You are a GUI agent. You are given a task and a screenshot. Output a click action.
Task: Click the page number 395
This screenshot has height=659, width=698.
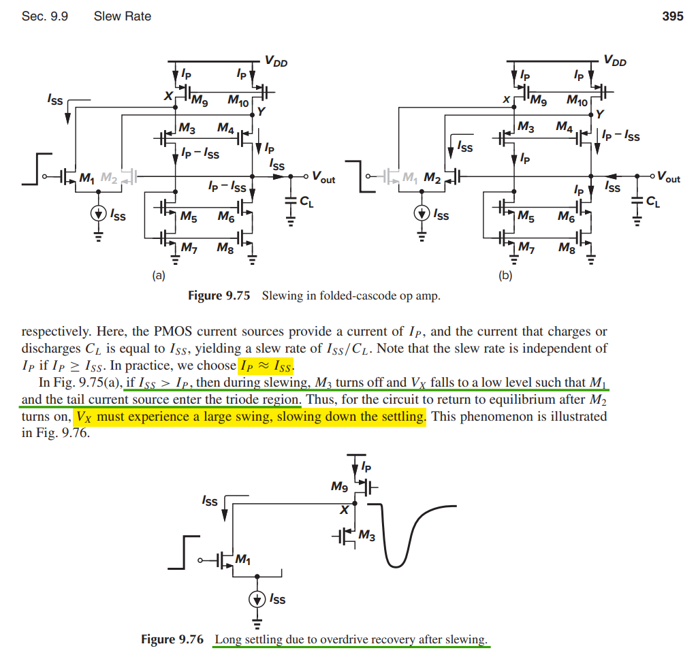pyautogui.click(x=672, y=16)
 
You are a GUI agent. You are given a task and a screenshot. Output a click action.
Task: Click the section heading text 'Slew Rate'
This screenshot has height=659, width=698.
pyautogui.click(x=123, y=16)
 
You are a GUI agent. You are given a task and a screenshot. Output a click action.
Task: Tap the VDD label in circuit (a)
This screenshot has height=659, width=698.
pyautogui.click(x=276, y=63)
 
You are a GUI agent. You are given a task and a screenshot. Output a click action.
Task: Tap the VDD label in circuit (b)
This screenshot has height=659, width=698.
pyautogui.click(x=614, y=61)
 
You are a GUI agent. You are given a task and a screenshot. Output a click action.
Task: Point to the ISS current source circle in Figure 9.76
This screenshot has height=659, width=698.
pyautogui.click(x=257, y=599)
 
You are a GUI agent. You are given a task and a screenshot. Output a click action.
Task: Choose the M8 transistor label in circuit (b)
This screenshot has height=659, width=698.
pyautogui.click(x=565, y=248)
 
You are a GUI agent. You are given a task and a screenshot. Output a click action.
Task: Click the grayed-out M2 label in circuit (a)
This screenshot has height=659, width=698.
pyautogui.click(x=109, y=178)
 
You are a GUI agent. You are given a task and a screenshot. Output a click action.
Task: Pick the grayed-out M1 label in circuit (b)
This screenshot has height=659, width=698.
pyautogui.click(x=408, y=178)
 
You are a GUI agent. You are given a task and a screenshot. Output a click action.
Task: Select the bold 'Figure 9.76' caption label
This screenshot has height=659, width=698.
pyautogui.click(x=172, y=639)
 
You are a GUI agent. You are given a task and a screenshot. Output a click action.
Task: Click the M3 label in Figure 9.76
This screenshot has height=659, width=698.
pyautogui.click(x=366, y=536)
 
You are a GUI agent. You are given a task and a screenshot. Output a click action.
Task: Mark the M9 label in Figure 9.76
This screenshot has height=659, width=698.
pyautogui.click(x=339, y=486)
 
